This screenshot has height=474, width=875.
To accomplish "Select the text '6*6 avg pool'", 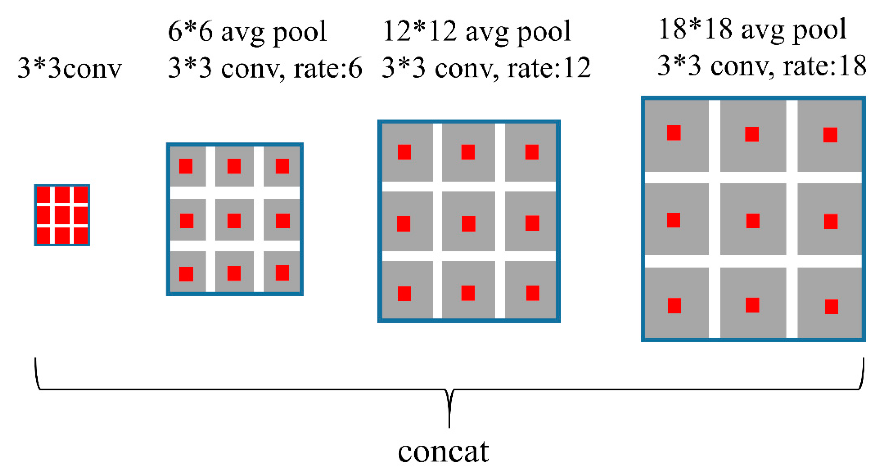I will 247,31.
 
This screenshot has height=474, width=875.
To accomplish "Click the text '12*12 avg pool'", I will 477,31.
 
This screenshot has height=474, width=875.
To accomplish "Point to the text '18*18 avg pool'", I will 752,30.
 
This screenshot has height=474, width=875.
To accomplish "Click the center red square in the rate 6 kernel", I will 234,221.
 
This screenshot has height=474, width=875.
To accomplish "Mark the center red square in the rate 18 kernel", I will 753,221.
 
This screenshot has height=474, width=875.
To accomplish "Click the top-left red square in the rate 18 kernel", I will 674,133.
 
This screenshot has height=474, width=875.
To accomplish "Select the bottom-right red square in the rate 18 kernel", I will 832,307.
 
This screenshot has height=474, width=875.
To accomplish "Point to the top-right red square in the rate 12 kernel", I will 532,152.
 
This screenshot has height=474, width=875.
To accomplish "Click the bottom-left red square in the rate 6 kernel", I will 186,274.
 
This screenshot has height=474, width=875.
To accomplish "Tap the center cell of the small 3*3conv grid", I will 62,215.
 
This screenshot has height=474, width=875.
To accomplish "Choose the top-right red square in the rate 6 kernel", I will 282,166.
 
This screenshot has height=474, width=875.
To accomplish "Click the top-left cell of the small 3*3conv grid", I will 43,195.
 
